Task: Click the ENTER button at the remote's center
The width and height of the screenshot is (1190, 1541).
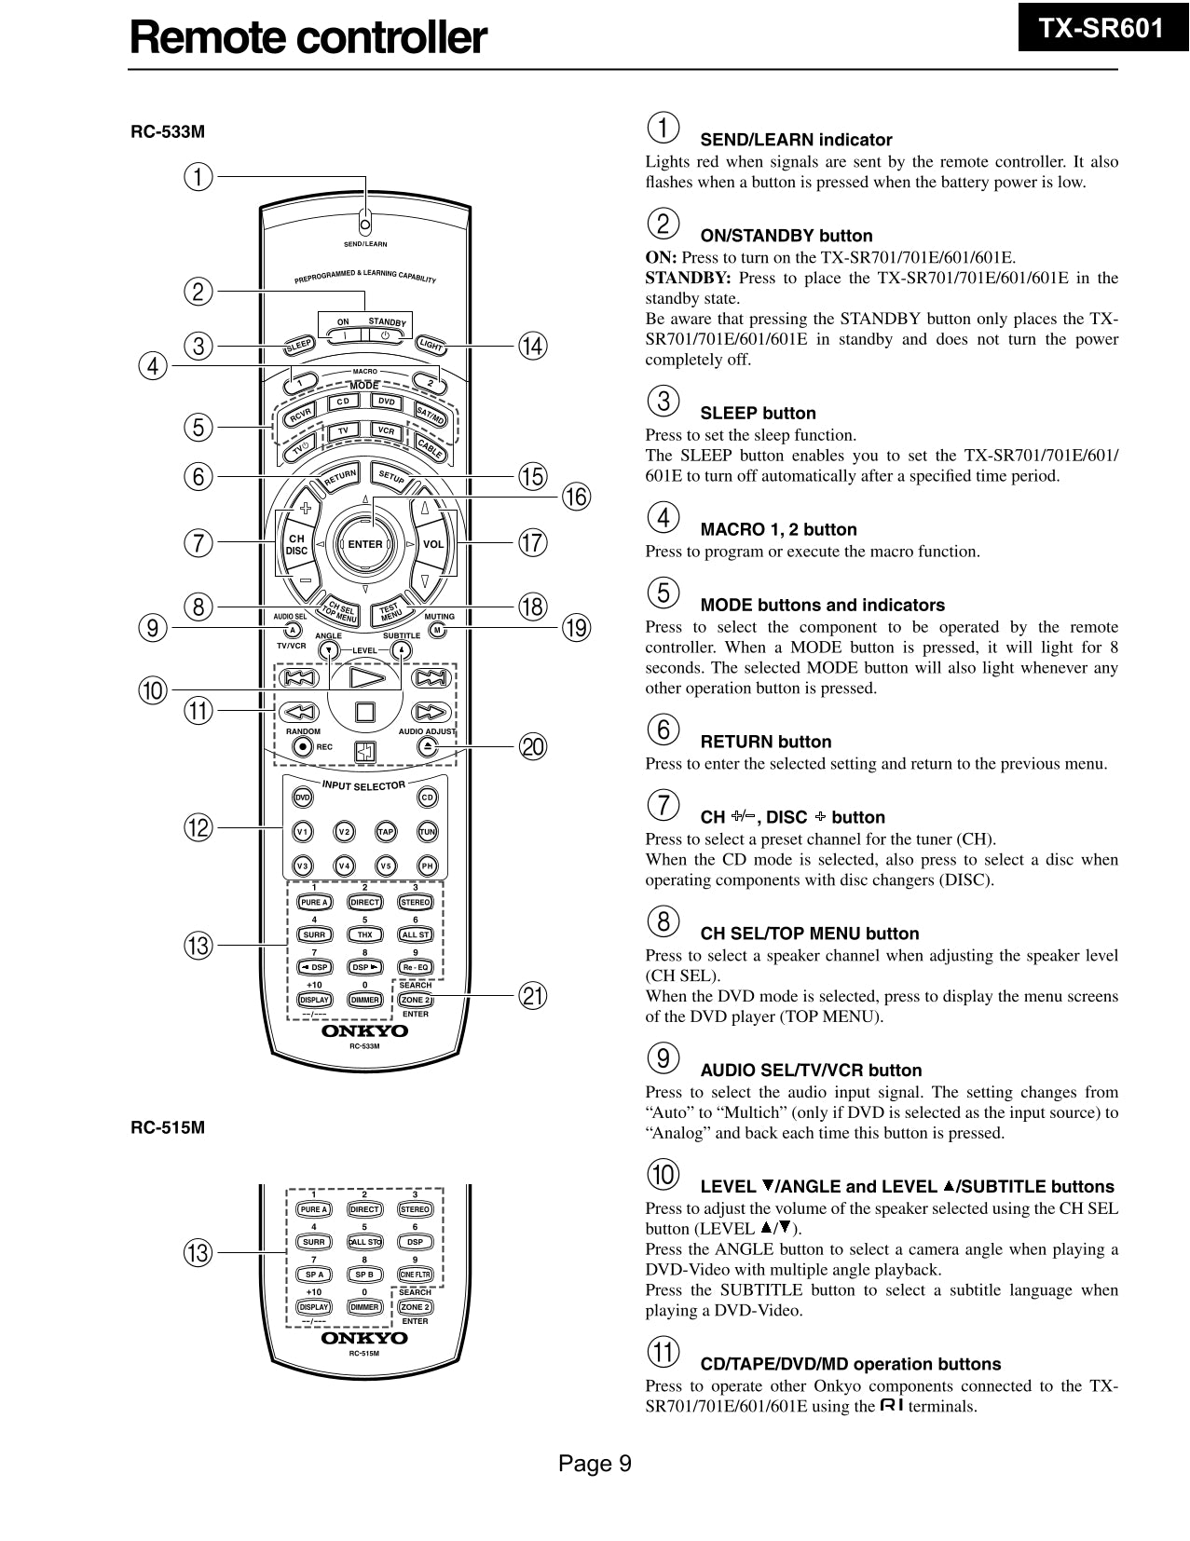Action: pos(364,544)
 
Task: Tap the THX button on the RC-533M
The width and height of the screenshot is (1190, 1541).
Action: pos(364,934)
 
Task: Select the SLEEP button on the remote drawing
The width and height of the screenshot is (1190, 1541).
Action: pos(298,346)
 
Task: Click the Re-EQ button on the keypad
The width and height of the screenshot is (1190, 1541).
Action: pos(415,967)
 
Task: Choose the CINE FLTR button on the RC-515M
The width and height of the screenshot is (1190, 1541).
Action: pos(415,1275)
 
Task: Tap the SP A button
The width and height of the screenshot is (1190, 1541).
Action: pos(314,1275)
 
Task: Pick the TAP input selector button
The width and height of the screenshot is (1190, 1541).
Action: pos(386,831)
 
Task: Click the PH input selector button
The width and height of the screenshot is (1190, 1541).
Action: pos(427,866)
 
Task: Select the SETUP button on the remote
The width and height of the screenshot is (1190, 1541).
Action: pos(391,477)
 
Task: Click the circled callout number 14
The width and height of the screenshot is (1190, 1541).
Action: pos(532,347)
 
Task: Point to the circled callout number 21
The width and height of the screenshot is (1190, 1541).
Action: pos(532,996)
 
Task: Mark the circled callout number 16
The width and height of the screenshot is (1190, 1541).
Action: pos(575,497)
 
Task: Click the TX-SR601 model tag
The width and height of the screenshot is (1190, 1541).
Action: pos(1101,29)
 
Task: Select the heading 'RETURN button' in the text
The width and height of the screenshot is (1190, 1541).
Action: pos(765,742)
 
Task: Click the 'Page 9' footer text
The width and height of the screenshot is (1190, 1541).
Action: pos(595,1464)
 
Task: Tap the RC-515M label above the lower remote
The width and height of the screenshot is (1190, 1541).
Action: pos(168,1127)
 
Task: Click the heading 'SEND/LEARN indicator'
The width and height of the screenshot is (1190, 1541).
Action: pos(796,140)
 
